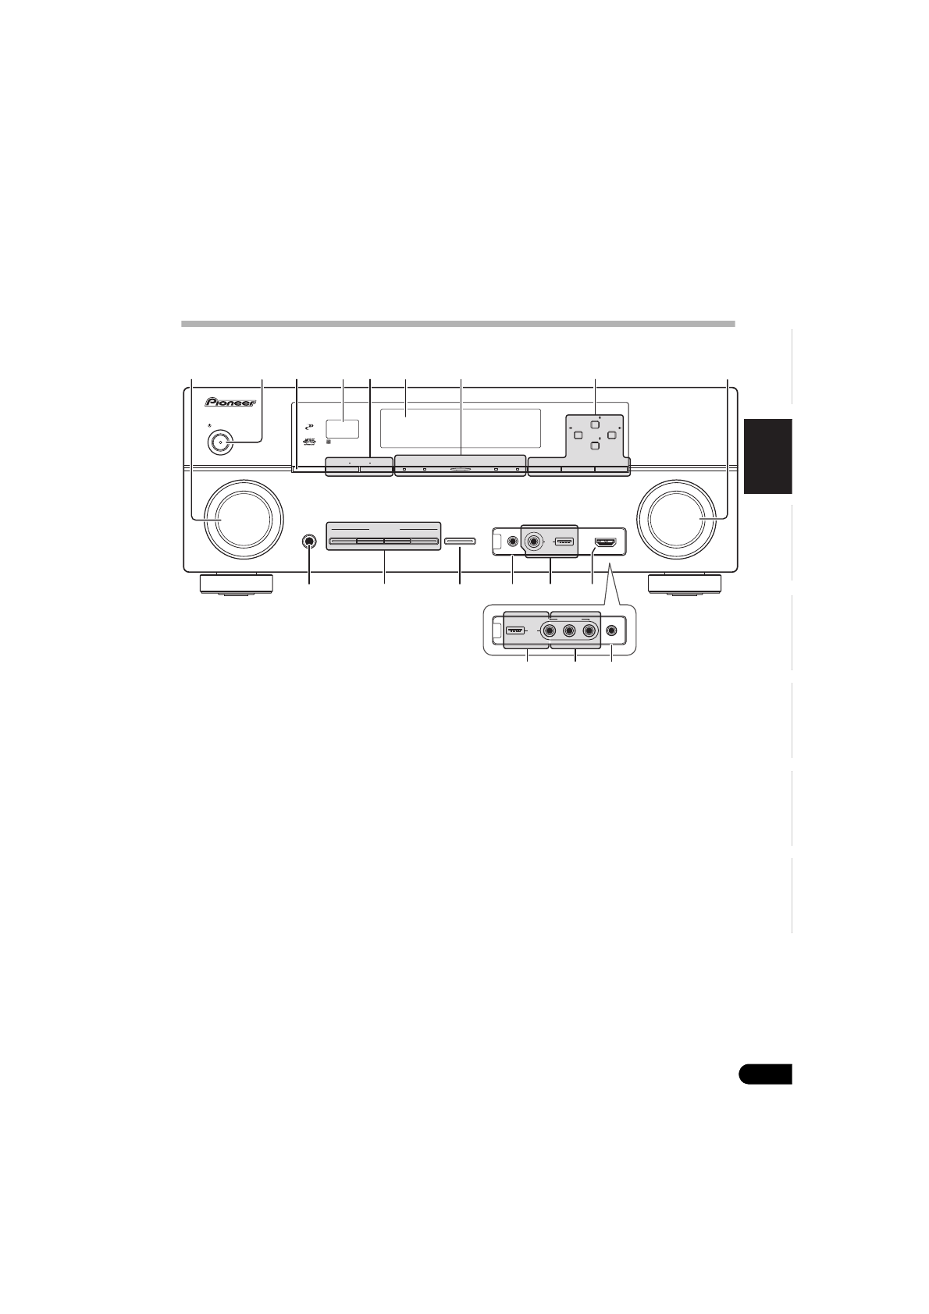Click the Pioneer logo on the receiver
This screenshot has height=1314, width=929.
pyautogui.click(x=232, y=403)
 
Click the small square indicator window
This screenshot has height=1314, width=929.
pyautogui.click(x=342, y=428)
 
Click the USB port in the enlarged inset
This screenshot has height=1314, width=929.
pyautogui.click(x=515, y=630)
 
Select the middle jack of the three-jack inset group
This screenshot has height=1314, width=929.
pyautogui.click(x=570, y=631)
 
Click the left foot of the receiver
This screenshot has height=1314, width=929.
pyautogui.click(x=236, y=584)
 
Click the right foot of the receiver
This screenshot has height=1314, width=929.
pyautogui.click(x=684, y=584)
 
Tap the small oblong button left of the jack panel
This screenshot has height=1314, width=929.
pyautogui.click(x=460, y=540)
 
